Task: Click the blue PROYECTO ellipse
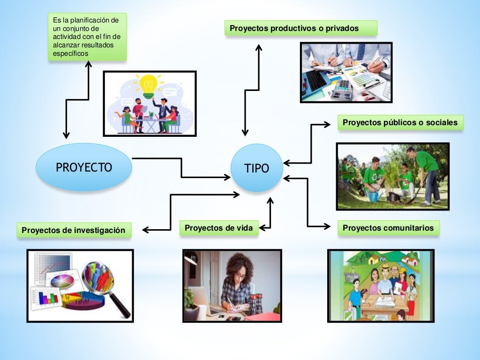click(x=84, y=167)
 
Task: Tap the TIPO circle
click(x=257, y=168)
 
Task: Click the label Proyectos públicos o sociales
click(x=400, y=123)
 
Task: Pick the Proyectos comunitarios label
click(x=388, y=228)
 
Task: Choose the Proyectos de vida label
click(x=218, y=228)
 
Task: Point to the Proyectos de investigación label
click(x=74, y=230)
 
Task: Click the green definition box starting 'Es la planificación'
click(x=87, y=37)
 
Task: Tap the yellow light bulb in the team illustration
click(x=149, y=85)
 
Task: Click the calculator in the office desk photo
click(x=344, y=86)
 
